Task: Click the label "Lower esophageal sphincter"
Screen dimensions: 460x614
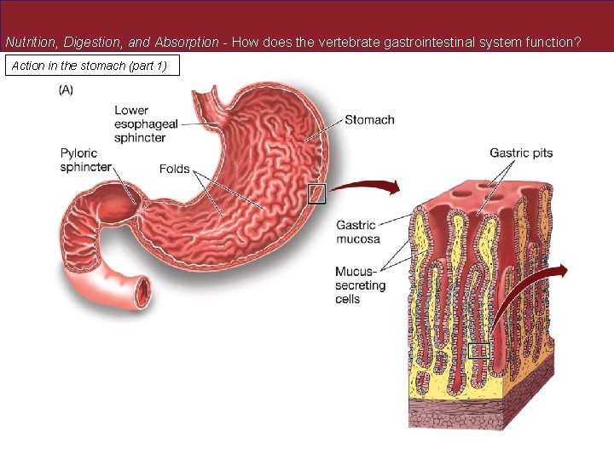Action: [x=147, y=124]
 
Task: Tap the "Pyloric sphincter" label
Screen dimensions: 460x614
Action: [x=85, y=160]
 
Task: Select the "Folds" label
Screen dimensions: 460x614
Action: [x=174, y=169]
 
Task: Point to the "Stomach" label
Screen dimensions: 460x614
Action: [x=369, y=119]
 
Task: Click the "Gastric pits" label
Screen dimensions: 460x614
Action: [x=520, y=153]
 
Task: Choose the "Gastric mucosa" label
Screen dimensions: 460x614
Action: [x=358, y=233]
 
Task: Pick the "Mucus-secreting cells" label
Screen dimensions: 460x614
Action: [x=360, y=285]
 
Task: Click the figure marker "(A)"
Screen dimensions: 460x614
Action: [x=66, y=90]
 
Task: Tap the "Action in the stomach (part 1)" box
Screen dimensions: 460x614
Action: [x=93, y=66]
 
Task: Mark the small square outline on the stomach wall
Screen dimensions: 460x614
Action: [x=316, y=193]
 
